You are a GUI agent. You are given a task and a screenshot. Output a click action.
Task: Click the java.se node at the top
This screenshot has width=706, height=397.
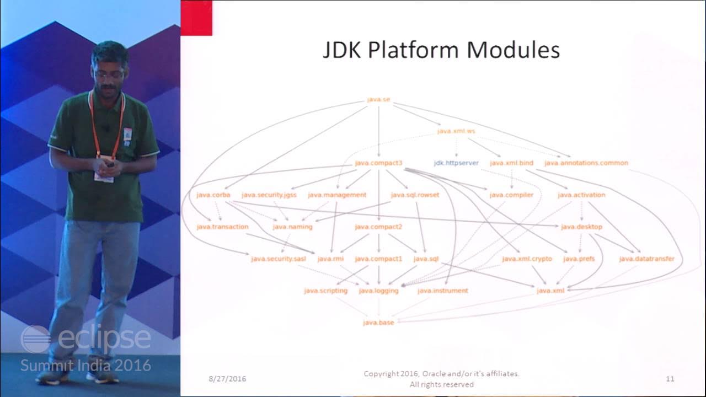pyautogui.click(x=378, y=100)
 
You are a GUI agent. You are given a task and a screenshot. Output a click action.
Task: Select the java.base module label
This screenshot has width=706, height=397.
pyautogui.click(x=378, y=323)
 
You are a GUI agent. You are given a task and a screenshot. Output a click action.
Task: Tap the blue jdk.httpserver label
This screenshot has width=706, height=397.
pyautogui.click(x=456, y=163)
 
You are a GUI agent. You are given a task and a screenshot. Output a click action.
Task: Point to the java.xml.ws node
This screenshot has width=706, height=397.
pyautogui.click(x=456, y=131)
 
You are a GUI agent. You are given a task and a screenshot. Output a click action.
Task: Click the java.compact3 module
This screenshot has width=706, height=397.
pyautogui.click(x=378, y=163)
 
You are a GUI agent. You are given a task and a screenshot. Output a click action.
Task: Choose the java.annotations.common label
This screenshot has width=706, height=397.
pyautogui.click(x=586, y=163)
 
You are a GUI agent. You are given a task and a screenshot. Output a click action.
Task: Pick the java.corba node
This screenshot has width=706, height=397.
pyautogui.click(x=213, y=195)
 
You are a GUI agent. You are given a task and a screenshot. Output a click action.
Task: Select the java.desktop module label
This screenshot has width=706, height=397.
pyautogui.click(x=581, y=227)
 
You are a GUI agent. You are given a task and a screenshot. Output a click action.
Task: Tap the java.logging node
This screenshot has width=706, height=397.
pyautogui.click(x=378, y=291)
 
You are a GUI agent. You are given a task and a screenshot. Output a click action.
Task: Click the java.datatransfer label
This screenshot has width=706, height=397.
pyautogui.click(x=646, y=259)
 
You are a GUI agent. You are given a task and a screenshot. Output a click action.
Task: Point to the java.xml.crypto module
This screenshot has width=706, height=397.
pyautogui.click(x=527, y=259)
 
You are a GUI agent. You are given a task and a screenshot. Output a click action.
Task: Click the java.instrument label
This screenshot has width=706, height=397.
pyautogui.click(x=442, y=291)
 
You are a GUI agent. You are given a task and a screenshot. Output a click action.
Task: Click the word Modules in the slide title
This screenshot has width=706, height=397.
pyautogui.click(x=513, y=50)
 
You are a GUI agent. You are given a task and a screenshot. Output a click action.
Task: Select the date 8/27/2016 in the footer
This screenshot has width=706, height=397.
pyautogui.click(x=227, y=379)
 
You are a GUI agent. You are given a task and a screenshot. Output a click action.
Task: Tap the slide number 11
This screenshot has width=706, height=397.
pyautogui.click(x=670, y=379)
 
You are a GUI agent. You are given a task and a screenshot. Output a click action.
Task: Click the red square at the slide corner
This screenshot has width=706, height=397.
pyautogui.click(x=196, y=18)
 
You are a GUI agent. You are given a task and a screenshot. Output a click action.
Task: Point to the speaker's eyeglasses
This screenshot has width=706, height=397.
pyautogui.click(x=108, y=73)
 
